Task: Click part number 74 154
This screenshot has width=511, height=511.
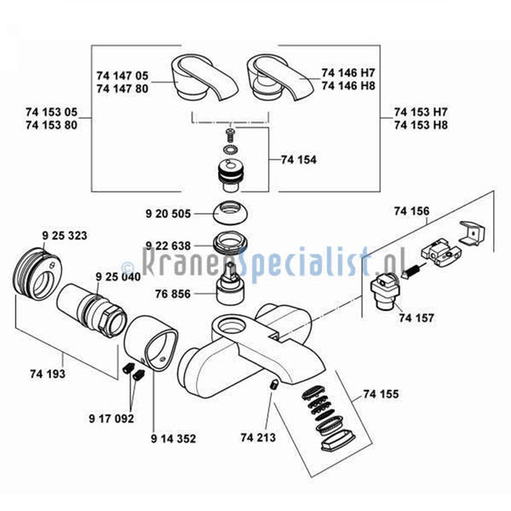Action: click(x=299, y=160)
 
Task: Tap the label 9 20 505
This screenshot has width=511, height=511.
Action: click(x=168, y=214)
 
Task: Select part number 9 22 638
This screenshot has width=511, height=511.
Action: click(x=168, y=246)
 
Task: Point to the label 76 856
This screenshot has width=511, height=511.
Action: click(x=173, y=294)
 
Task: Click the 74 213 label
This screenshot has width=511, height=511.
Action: click(x=258, y=438)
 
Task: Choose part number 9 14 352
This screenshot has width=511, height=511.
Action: click(x=174, y=439)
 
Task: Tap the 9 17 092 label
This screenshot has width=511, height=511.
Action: click(x=112, y=418)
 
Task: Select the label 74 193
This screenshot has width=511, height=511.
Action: click(x=48, y=374)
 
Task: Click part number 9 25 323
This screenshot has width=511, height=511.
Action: click(x=65, y=235)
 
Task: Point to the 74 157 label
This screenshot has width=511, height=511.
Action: click(x=416, y=318)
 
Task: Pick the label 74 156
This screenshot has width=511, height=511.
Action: click(x=411, y=211)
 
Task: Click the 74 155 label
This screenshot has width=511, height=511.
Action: click(x=381, y=394)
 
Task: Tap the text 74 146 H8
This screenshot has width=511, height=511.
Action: click(x=348, y=86)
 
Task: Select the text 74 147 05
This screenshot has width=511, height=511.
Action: click(x=122, y=76)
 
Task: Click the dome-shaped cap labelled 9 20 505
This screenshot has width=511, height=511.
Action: click(x=231, y=212)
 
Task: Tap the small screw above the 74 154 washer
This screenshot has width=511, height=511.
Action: click(x=231, y=134)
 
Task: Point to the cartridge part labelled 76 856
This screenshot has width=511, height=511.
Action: click(x=231, y=284)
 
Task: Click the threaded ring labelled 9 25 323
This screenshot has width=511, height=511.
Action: click(x=37, y=274)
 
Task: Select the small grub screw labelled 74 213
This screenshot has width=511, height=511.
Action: click(x=273, y=385)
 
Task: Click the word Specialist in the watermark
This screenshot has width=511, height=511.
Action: click(x=305, y=263)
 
